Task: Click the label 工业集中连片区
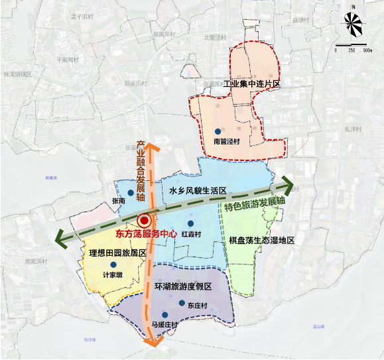[252, 84]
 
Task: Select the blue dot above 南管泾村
[218, 131]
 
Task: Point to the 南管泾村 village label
[225, 141]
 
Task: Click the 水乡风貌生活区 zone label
[198, 190]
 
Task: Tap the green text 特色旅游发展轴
[254, 204]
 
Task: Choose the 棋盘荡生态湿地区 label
[261, 239]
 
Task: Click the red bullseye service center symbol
[144, 221]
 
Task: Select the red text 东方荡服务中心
[146, 234]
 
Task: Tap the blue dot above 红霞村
[190, 223]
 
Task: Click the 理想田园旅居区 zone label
[117, 253]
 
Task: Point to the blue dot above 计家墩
[113, 265]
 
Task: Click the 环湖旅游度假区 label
[182, 286]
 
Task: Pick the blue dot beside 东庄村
[181, 304]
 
